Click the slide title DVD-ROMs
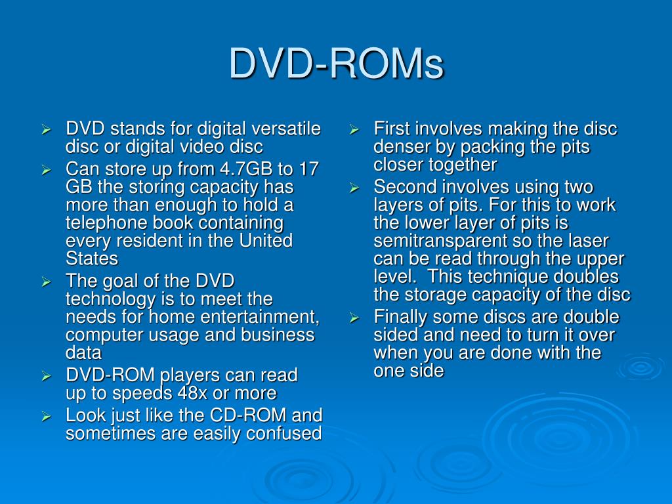336,64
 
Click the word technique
509,276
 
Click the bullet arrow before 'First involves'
353,129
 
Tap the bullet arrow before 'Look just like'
46,416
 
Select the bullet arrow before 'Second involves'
353,188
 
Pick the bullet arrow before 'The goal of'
46,282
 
